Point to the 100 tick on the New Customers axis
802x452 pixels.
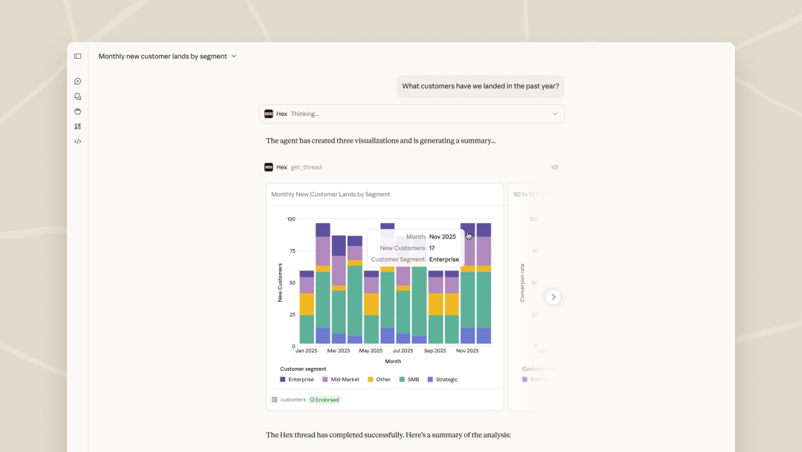coord(290,219)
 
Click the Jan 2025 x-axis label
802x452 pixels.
coord(306,351)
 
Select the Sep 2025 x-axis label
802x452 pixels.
coord(435,351)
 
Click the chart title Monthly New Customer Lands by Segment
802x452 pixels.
coord(330,194)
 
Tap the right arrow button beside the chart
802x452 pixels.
coord(553,297)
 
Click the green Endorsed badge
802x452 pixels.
coord(325,400)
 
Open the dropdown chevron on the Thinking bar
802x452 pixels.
coord(555,114)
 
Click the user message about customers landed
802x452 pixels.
coord(480,86)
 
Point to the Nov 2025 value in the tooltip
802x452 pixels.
coord(443,236)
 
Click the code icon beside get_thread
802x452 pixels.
coord(555,167)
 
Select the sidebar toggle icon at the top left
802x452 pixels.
coord(78,56)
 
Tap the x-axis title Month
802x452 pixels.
coord(393,361)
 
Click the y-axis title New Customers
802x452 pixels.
coord(280,282)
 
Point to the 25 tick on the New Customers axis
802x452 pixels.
coord(292,314)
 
